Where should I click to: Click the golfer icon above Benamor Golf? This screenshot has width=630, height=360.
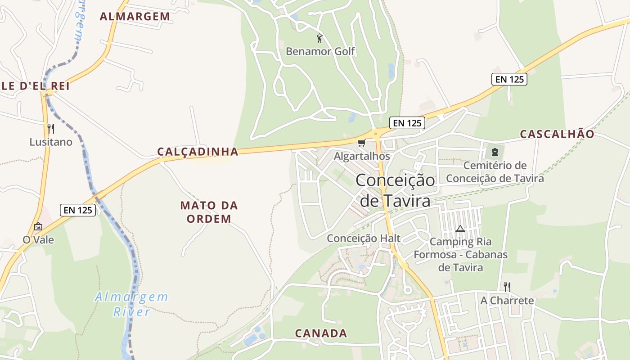click(319, 38)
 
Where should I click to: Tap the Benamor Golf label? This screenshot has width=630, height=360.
click(320, 51)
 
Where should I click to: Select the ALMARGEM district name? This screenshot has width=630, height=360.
click(135, 17)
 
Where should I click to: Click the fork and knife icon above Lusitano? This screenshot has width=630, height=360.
click(51, 129)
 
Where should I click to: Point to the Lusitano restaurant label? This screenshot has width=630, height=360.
click(51, 142)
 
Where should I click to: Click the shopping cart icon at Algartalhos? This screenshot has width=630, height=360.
click(361, 143)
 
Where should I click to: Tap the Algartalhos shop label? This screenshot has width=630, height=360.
click(362, 156)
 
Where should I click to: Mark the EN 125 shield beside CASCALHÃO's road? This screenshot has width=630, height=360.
click(509, 79)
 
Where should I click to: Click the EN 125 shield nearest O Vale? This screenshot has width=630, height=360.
click(78, 210)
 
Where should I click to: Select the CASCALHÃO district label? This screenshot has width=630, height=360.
click(557, 134)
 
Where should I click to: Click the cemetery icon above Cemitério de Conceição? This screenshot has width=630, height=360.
click(495, 152)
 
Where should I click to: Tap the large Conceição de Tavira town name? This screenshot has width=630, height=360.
click(396, 190)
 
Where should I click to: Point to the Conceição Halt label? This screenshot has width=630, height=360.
click(364, 238)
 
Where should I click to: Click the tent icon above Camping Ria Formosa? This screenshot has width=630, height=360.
click(460, 229)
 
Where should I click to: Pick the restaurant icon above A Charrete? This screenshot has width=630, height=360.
click(507, 287)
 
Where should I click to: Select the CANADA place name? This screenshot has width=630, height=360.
click(321, 333)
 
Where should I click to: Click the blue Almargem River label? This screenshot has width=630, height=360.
click(131, 304)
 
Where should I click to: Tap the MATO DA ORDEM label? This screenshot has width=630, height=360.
click(209, 212)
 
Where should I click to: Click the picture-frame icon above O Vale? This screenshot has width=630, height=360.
click(38, 226)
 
